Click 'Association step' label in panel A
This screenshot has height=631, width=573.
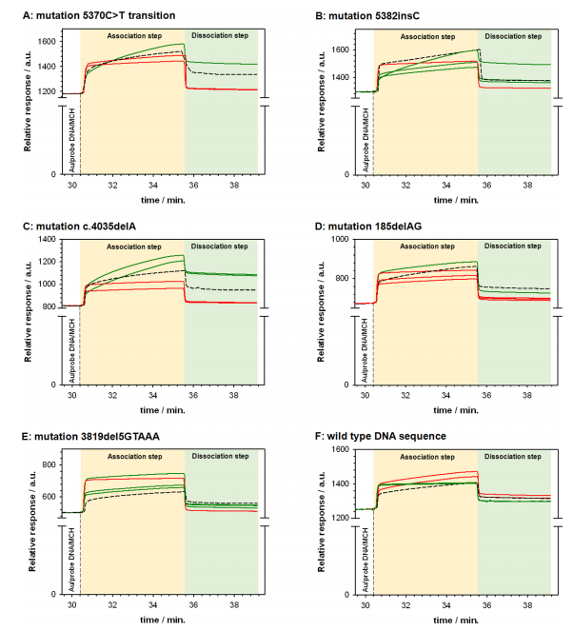pos(134,37)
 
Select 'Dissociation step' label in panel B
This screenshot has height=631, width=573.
pos(513,37)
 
